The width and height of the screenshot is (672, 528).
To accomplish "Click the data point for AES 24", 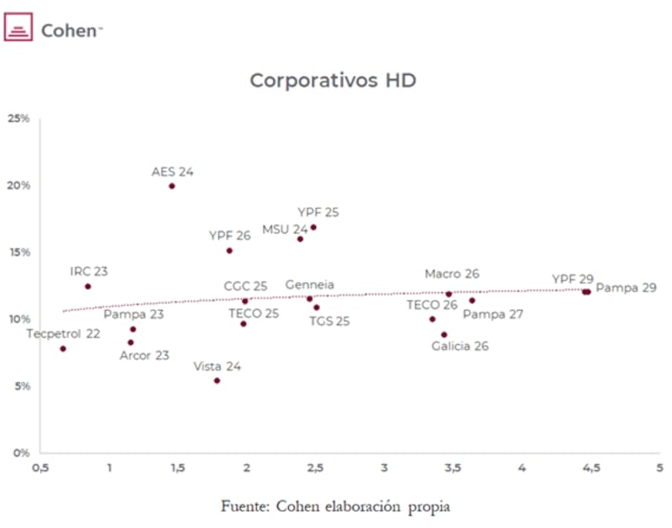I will tap(171, 186).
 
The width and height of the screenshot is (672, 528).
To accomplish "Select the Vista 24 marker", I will tap(217, 381).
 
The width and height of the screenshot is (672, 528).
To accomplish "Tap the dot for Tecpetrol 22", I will tap(63, 348).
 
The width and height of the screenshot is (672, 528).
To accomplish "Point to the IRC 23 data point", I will tap(87, 286).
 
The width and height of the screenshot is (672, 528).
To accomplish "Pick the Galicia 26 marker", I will tap(444, 335).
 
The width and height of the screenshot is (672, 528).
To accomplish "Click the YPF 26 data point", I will tap(229, 251).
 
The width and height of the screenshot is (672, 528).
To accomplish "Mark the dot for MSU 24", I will tap(300, 239).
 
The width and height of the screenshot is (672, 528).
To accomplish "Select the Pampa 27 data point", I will tap(472, 301).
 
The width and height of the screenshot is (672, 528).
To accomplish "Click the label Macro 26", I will tap(452, 274).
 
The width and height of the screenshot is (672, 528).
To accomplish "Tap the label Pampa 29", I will tap(626, 288).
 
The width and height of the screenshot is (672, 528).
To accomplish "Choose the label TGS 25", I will tap(329, 321).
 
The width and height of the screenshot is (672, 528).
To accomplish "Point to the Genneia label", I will tap(309, 285).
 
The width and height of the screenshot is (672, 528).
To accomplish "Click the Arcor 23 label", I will tap(144, 355).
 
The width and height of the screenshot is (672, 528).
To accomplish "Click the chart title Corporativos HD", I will tap(333, 81).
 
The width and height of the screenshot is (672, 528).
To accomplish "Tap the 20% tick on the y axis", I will tap(18, 186).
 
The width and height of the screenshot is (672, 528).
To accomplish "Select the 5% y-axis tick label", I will tap(20, 386).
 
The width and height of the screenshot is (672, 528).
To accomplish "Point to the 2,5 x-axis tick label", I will tap(315, 468).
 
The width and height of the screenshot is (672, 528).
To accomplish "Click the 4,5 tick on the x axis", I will tap(591, 468).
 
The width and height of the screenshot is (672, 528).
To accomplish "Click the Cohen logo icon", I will tap(18, 30).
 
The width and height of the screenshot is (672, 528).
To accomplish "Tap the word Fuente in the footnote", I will tap(243, 506).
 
